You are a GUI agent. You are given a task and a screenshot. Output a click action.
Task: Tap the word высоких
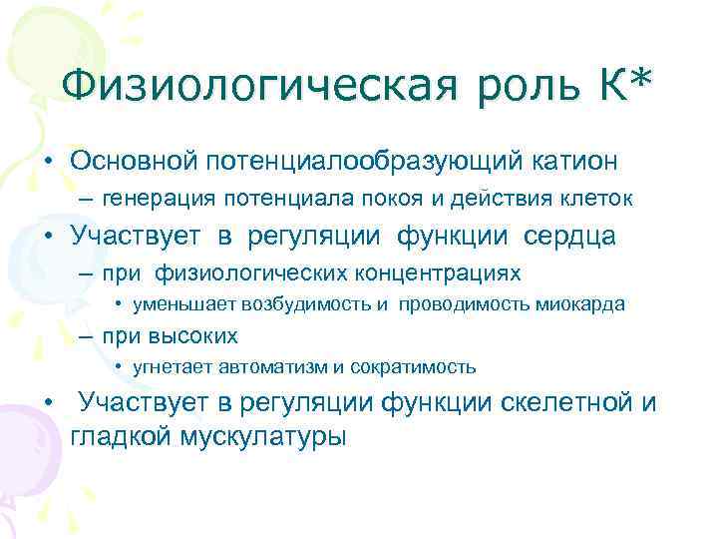(x=202, y=336)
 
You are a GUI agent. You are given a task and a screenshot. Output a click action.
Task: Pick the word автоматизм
(x=271, y=367)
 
